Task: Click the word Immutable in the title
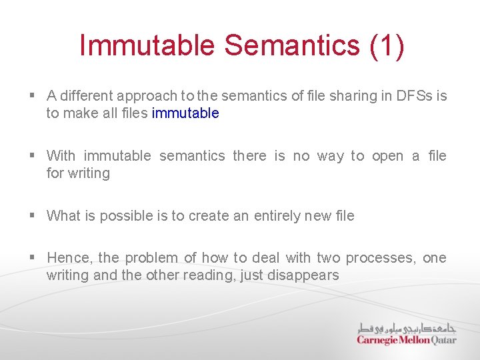(x=147, y=45)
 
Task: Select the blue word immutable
(x=185, y=113)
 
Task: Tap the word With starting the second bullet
(x=61, y=156)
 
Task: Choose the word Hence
(x=65, y=258)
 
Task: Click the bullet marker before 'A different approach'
(x=32, y=96)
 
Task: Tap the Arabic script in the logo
(x=407, y=328)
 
